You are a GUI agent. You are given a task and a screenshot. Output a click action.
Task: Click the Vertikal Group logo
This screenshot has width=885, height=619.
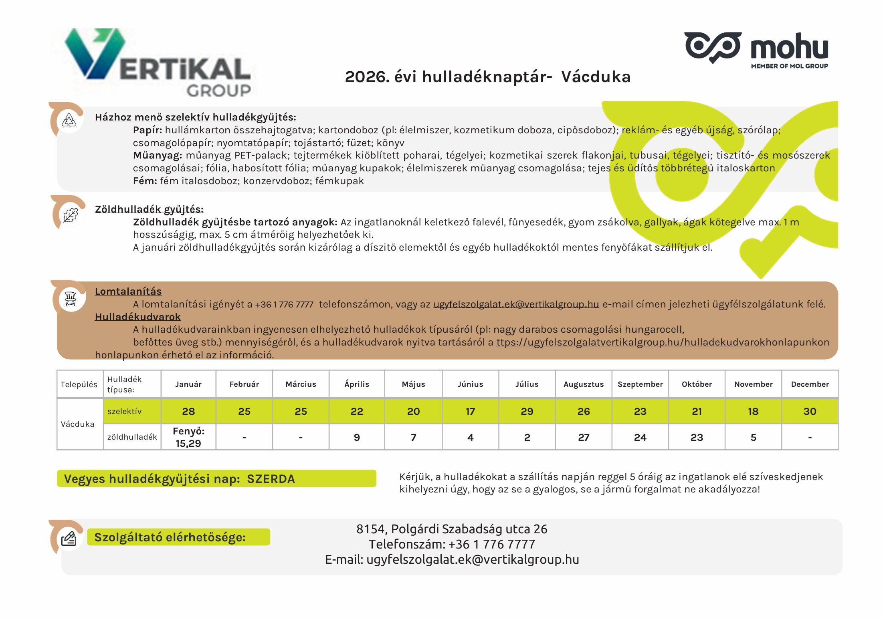tap(158, 63)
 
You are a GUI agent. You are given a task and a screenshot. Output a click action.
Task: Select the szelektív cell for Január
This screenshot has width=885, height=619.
tap(188, 411)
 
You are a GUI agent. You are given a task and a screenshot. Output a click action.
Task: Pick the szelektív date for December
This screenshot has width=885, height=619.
tap(810, 411)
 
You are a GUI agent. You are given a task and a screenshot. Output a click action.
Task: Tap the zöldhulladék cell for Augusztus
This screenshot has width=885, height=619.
tap(584, 437)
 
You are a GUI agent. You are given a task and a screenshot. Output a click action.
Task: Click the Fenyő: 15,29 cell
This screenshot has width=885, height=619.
tap(188, 437)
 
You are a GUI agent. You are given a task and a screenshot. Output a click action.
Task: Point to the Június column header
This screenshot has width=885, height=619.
tap(470, 384)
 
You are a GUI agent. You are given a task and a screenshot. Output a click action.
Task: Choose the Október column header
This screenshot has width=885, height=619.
tap(697, 384)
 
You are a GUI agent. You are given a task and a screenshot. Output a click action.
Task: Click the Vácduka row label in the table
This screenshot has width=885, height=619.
tap(78, 424)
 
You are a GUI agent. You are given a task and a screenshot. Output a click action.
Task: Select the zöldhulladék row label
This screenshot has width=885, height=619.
tap(132, 437)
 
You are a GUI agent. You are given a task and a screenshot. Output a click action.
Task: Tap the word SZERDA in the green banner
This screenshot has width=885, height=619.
tap(271, 479)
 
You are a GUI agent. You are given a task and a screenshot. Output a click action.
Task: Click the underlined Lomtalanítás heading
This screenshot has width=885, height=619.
tap(128, 291)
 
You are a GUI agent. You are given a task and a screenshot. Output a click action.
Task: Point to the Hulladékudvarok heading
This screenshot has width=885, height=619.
tap(137, 317)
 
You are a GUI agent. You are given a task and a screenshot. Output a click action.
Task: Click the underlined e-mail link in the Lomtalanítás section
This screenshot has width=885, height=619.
tap(516, 304)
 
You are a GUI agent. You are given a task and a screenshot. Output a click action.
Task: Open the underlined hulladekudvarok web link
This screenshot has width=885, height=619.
tap(630, 342)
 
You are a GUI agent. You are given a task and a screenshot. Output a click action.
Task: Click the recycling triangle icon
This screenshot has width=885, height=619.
tap(69, 120)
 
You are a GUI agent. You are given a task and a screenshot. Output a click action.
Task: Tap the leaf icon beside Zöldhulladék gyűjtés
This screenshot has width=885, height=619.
tap(71, 215)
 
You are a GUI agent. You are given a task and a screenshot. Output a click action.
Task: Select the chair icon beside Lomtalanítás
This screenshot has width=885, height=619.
tap(71, 299)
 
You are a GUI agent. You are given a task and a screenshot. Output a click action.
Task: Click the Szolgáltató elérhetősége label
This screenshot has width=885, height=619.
tap(170, 537)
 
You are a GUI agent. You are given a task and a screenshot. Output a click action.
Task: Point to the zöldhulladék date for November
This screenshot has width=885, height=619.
tap(753, 437)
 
